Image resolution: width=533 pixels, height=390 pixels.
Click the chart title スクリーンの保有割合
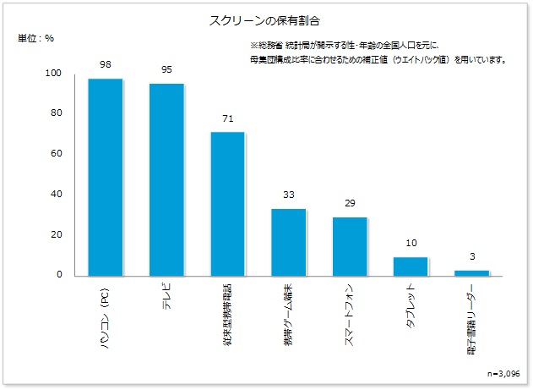(x=265, y=18)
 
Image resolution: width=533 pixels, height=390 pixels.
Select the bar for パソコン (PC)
(x=106, y=177)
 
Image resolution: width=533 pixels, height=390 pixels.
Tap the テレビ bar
(x=166, y=179)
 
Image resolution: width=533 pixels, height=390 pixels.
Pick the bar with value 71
(x=227, y=203)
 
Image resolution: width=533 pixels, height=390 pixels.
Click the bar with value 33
(x=288, y=242)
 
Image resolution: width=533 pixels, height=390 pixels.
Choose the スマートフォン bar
(x=350, y=246)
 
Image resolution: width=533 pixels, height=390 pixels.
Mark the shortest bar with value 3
(x=471, y=272)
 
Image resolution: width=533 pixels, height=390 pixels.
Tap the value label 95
(x=166, y=69)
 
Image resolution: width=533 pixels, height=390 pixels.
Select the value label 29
(x=350, y=203)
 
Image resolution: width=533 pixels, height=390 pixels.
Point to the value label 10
(x=411, y=243)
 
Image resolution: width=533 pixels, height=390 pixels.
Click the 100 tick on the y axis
(x=54, y=74)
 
